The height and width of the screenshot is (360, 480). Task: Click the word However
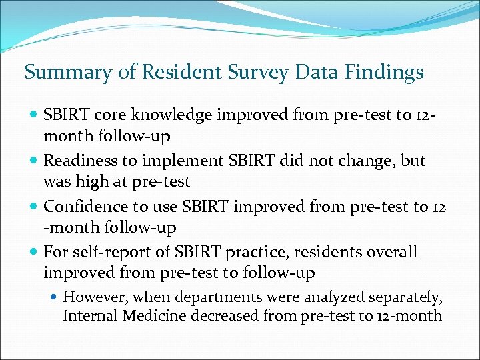91,296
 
